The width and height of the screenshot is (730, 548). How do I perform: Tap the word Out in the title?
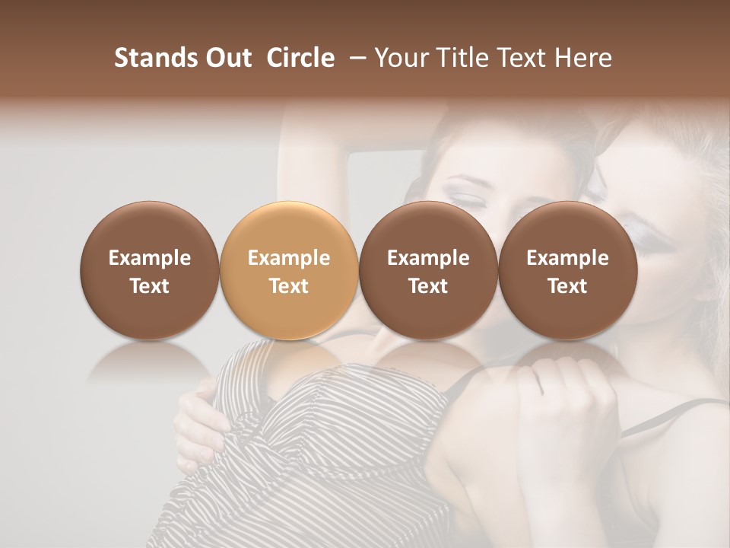(x=227, y=58)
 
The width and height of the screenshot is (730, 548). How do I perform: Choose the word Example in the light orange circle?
(x=289, y=258)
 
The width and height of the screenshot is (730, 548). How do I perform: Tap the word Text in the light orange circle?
(x=289, y=286)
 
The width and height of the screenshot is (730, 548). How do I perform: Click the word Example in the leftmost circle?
(x=150, y=258)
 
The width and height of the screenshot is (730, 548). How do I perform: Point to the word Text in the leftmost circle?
(x=150, y=286)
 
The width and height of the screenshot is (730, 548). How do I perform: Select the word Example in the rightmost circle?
(x=567, y=258)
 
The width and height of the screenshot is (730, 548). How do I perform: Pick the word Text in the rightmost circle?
(x=567, y=286)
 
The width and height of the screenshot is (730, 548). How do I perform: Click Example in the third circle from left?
(x=428, y=258)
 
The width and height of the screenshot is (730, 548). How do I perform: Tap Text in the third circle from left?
(x=428, y=286)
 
